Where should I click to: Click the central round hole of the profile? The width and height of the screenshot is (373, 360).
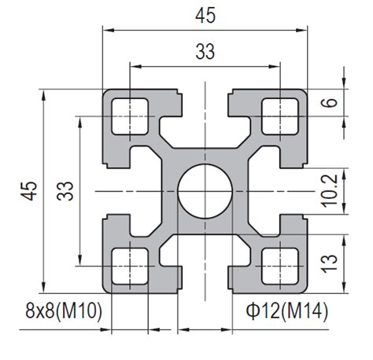(205, 191)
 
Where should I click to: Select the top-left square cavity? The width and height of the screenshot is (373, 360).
(130, 116)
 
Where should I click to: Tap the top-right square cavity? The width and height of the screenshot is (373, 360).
(280, 116)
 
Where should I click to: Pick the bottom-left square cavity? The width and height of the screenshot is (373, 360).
(130, 266)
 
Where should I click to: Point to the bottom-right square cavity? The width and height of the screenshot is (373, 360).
(280, 266)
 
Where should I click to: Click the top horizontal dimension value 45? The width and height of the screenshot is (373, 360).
(205, 16)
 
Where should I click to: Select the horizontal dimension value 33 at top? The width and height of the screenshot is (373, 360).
(205, 52)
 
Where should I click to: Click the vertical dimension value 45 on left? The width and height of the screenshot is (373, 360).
(30, 191)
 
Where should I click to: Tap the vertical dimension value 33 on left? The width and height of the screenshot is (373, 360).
(65, 191)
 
